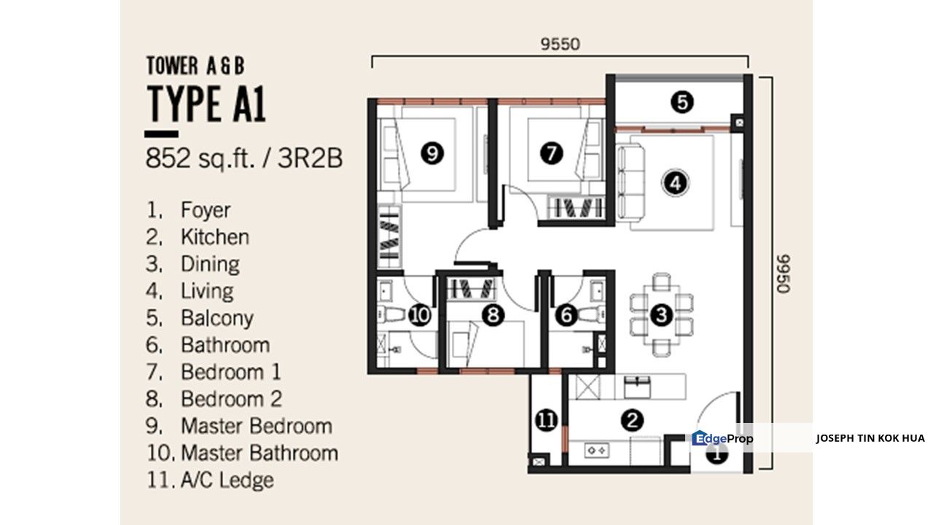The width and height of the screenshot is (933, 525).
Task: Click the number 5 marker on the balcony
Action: tap(682, 102)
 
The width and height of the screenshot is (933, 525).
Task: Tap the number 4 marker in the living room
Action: tap(676, 182)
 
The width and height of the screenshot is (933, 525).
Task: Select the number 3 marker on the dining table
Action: tap(661, 315)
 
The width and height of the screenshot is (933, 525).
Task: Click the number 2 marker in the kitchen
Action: tap(632, 420)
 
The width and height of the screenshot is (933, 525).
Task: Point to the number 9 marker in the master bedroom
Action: tap(432, 153)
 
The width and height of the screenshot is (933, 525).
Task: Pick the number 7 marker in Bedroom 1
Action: tap(552, 153)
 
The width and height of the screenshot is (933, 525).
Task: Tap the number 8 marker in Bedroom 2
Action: tap(494, 315)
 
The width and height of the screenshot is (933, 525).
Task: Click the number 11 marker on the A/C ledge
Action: tap(547, 420)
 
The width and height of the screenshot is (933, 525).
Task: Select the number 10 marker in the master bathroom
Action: tap(420, 315)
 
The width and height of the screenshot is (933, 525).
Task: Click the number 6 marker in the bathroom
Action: tap(566, 315)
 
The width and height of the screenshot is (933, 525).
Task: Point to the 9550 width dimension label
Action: tap(560, 44)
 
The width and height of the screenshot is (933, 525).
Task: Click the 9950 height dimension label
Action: tap(783, 273)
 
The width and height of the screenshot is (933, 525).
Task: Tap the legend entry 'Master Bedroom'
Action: tap(256, 426)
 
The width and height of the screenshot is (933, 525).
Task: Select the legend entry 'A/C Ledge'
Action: tap(227, 480)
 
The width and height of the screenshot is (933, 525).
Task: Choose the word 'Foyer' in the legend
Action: tap(206, 210)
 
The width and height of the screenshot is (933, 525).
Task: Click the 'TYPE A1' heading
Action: tap(206, 104)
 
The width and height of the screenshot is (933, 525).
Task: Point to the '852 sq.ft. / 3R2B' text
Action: tap(244, 158)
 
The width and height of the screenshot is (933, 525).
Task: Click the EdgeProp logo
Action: tap(722, 438)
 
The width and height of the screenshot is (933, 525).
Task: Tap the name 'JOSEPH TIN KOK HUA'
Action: tap(870, 438)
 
